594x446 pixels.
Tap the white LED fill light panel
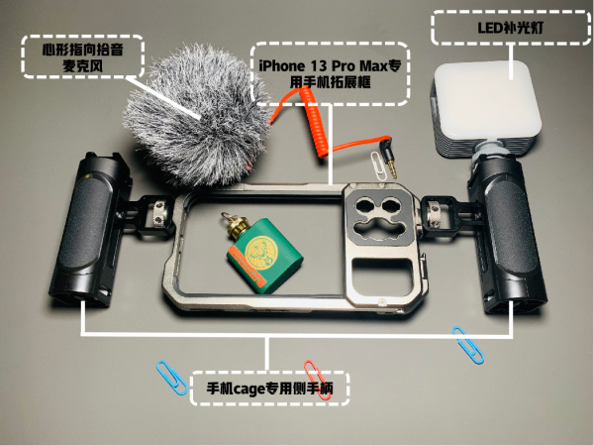pyautogui.click(x=487, y=100)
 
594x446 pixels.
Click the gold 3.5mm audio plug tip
pyautogui.click(x=392, y=169)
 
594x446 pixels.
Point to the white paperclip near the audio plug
pyautogui.click(x=379, y=166)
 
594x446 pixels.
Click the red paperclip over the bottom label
pyautogui.click(x=317, y=380)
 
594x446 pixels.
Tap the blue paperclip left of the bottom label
pyautogui.click(x=172, y=378)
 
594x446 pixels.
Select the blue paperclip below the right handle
pyautogui.click(x=468, y=345)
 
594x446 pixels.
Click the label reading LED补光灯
pyautogui.click(x=510, y=28)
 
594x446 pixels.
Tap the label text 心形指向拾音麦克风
pyautogui.click(x=82, y=57)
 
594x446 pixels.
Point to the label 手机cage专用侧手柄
pyautogui.click(x=269, y=389)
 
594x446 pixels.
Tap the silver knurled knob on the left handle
pyautogui.click(x=159, y=215)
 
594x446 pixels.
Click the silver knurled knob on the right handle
pyautogui.click(x=435, y=215)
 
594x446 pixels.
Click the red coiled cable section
pyautogui.click(x=313, y=121)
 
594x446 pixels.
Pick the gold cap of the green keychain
pyautogui.click(x=237, y=227)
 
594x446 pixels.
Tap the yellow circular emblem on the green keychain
pyautogui.click(x=259, y=252)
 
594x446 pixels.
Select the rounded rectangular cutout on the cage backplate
pyautogui.click(x=382, y=278)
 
